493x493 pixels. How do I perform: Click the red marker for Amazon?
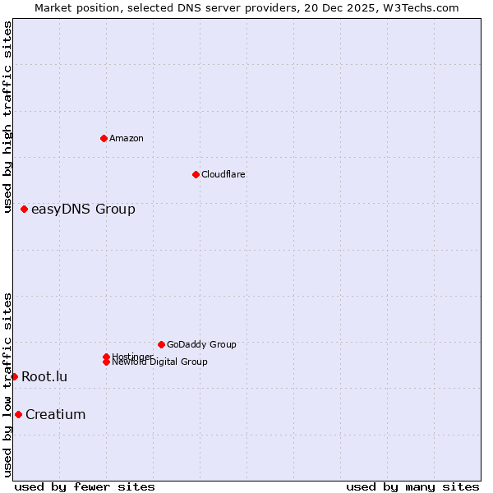click(x=104, y=138)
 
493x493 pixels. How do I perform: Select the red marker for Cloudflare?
click(x=196, y=174)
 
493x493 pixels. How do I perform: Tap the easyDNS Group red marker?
click(x=25, y=210)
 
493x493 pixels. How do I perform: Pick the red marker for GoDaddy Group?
click(x=161, y=344)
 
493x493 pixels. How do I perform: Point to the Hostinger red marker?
click(x=106, y=357)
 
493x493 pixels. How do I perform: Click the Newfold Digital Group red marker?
click(x=107, y=362)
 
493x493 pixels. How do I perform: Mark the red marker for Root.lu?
click(x=15, y=376)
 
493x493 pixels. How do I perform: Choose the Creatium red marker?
click(x=19, y=414)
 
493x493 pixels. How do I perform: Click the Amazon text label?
click(x=127, y=138)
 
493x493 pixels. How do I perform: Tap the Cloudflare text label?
click(x=223, y=174)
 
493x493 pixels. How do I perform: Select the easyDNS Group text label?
click(x=83, y=210)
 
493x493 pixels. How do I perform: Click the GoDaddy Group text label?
click(x=201, y=344)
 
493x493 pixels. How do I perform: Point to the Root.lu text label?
click(x=44, y=376)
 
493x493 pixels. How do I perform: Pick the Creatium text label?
click(x=56, y=414)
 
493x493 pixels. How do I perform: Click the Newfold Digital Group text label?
click(x=160, y=362)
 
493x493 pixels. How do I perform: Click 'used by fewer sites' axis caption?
click(x=85, y=486)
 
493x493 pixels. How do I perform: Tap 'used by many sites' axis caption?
click(x=412, y=486)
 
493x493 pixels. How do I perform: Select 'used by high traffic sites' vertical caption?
click(x=8, y=117)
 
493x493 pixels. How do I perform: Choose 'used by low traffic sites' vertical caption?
click(x=8, y=384)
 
